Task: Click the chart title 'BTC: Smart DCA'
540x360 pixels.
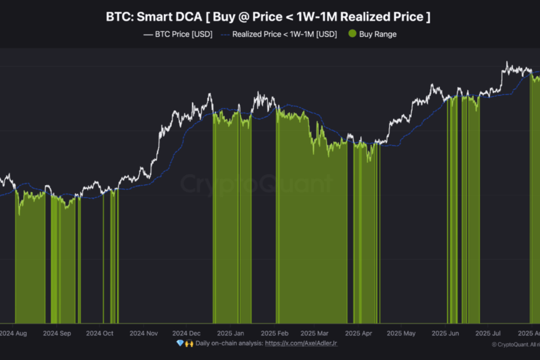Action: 154,17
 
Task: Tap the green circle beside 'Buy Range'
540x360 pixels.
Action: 351,34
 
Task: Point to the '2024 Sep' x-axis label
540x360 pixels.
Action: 57,334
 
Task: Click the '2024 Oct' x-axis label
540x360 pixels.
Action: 100,334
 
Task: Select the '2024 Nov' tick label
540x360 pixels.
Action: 143,334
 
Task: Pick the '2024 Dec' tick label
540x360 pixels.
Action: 186,334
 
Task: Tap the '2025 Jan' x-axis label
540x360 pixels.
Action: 231,334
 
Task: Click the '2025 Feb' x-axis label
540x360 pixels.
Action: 275,334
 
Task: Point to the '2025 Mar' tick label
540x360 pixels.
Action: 315,334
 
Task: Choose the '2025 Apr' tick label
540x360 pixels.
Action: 358,334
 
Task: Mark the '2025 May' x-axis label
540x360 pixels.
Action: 401,334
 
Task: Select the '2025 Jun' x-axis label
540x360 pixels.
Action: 445,334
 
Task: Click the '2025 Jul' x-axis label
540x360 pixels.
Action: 488,334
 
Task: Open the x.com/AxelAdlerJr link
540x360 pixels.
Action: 301,344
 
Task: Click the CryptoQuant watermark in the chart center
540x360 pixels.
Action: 255,184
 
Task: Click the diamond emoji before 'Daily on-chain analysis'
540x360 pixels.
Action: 179,344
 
